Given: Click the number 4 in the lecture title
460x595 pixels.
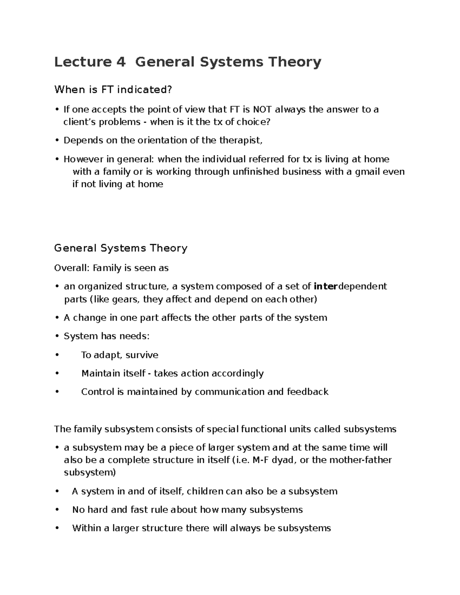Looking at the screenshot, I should (120, 62).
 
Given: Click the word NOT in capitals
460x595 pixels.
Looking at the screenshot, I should (263, 110).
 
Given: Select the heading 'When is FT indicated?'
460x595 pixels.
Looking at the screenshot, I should (113, 90).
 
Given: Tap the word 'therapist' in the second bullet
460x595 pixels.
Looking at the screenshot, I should (240, 140).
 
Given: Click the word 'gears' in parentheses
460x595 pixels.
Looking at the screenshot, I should (125, 299).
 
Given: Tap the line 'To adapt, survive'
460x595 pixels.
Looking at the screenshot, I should (120, 355).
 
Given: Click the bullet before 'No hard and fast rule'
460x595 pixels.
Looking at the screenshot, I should (57, 510).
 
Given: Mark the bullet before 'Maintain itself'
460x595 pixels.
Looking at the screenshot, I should (57, 373).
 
